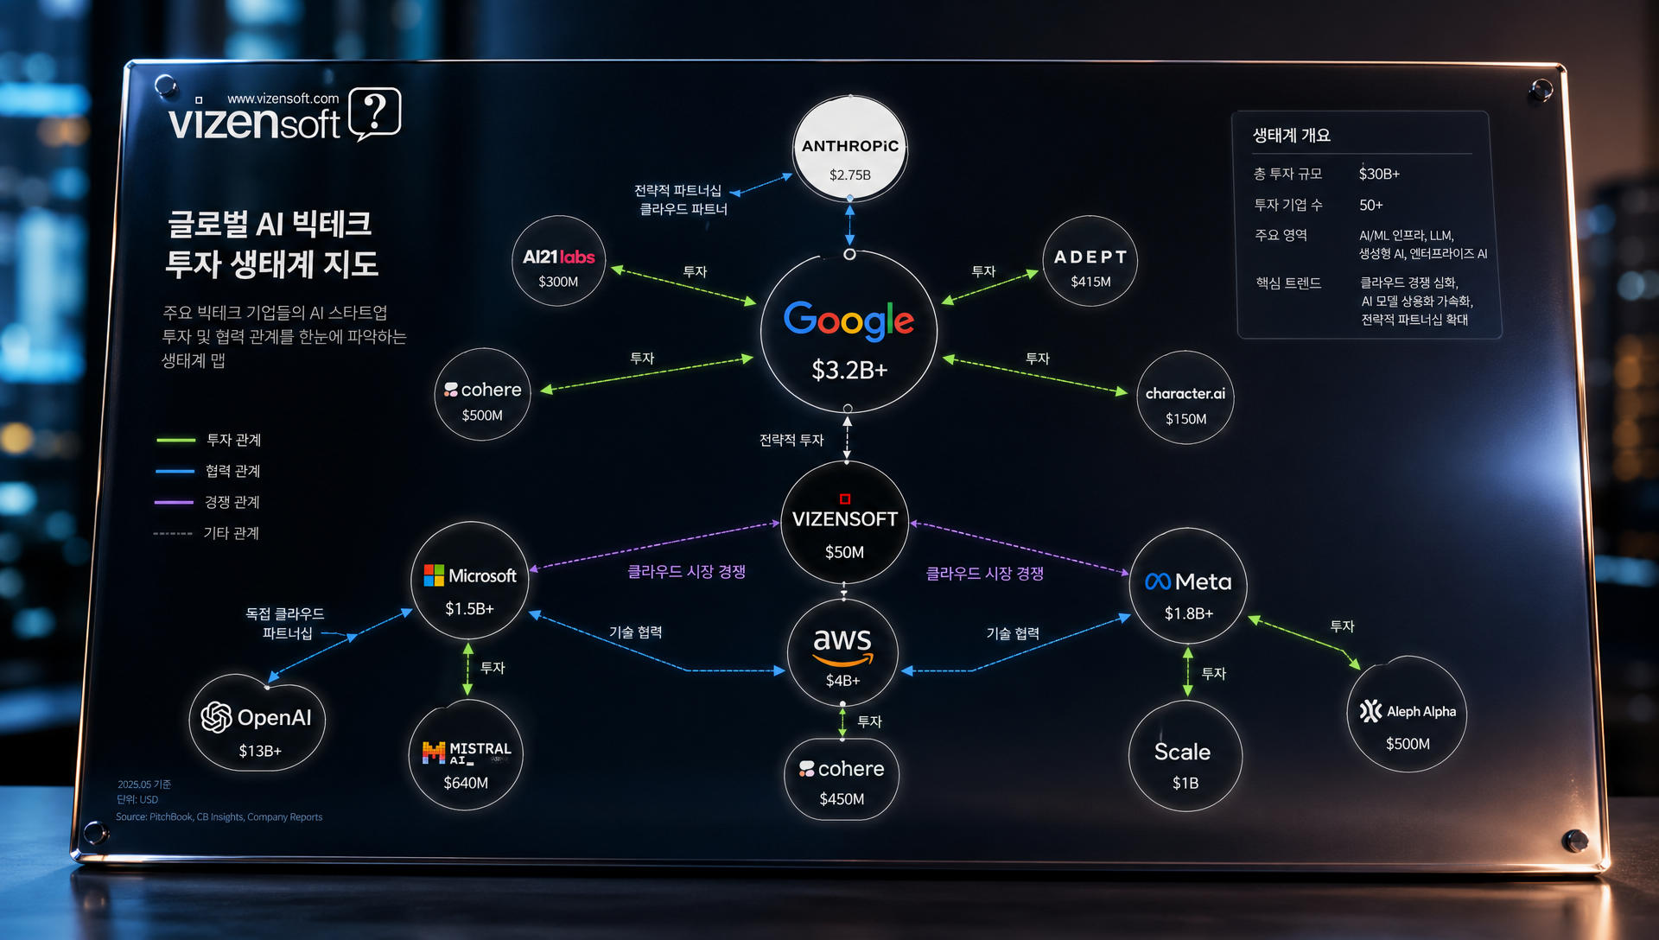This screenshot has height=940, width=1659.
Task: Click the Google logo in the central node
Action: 849,320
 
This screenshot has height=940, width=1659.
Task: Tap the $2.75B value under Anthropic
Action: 849,175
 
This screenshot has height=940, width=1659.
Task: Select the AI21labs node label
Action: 558,257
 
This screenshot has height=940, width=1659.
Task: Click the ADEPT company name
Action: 1090,257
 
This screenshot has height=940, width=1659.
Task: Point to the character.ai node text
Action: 1185,393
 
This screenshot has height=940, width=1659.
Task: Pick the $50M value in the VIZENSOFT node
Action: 844,552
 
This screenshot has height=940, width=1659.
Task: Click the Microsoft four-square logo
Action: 434,575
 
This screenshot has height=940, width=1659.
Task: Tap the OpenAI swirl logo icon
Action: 216,717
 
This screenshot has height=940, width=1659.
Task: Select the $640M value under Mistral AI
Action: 466,783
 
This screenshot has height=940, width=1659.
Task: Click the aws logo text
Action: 842,640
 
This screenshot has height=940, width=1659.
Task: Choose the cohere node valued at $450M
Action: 842,778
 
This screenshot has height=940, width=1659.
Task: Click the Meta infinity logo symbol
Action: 1158,582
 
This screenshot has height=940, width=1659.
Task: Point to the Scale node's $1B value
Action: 1185,783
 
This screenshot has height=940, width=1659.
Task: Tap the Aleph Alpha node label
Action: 1421,711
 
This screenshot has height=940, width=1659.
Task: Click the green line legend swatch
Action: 175,440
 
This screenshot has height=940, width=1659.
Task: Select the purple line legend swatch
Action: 174,502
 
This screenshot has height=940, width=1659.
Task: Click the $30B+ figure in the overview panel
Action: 1378,174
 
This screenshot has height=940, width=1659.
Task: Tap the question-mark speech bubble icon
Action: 375,113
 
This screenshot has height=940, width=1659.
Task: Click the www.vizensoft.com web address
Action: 283,98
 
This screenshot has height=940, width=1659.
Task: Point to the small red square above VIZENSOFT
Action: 845,499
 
